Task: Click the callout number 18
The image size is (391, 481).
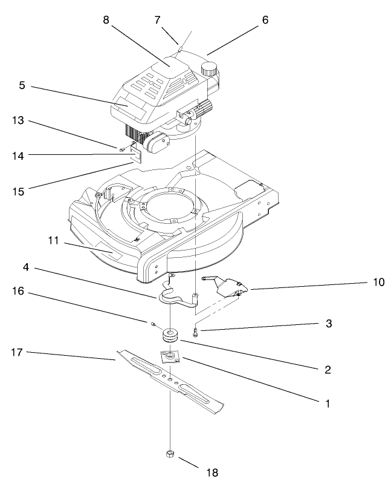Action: click(x=211, y=471)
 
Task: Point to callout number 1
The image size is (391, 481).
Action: click(x=328, y=401)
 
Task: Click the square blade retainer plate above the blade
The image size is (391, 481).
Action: click(x=172, y=356)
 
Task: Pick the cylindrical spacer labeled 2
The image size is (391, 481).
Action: click(x=170, y=334)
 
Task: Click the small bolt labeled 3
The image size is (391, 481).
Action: click(x=195, y=331)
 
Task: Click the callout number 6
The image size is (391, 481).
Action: click(x=265, y=20)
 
